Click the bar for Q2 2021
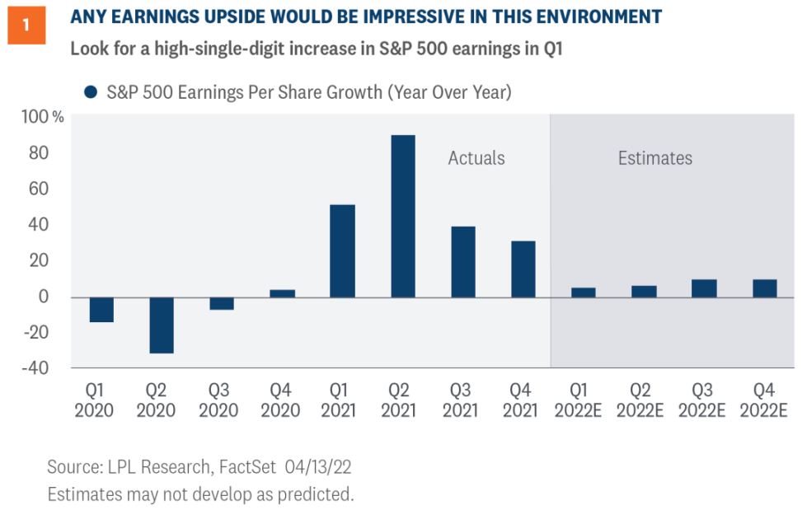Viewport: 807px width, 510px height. click(402, 216)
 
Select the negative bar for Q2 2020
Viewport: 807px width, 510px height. click(162, 325)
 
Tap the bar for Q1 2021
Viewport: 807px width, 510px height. click(342, 250)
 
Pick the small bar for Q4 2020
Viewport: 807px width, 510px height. click(282, 293)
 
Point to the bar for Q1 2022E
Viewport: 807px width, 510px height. click(583, 292)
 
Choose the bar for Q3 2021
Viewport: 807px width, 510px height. click(462, 261)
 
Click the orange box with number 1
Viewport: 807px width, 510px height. click(26, 25)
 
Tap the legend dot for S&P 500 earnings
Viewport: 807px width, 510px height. click(90, 92)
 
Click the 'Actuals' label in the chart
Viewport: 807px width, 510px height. click(476, 158)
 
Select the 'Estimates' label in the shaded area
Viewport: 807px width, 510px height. click(655, 158)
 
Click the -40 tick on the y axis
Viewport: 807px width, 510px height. click(38, 367)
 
